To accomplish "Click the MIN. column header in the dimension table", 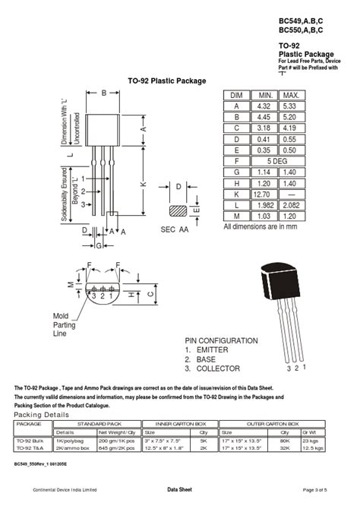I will (x=264, y=95).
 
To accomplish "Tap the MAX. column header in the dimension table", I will (x=291, y=95).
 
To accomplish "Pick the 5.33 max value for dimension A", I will (x=291, y=106).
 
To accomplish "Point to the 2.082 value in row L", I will (x=291, y=206).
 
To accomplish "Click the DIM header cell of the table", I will (x=236, y=95).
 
